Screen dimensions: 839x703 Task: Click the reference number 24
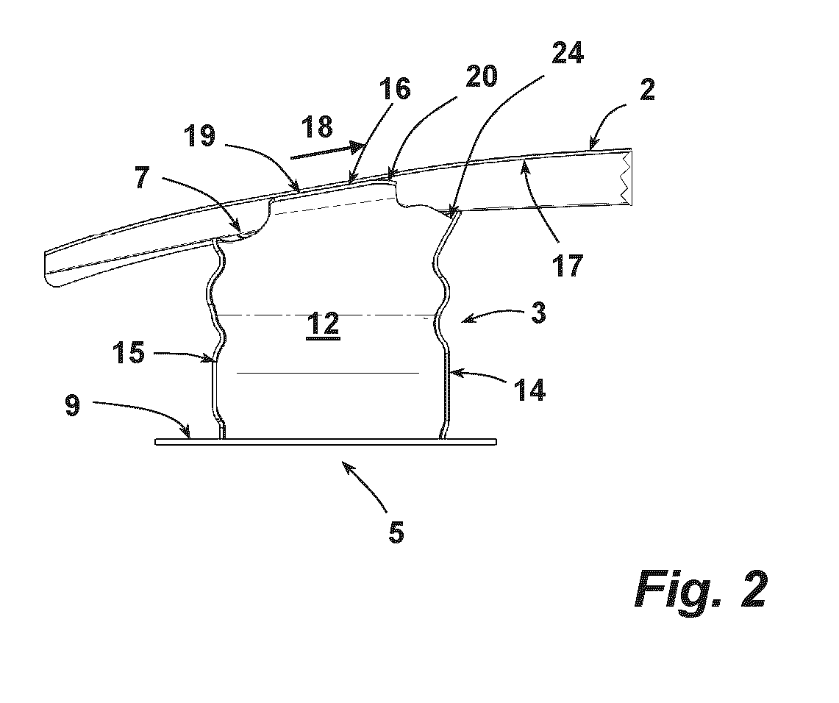[x=567, y=54]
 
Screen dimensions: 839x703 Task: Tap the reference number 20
[x=482, y=76]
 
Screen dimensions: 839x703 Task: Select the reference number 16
[x=395, y=88]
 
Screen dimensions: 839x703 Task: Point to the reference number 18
[x=318, y=127]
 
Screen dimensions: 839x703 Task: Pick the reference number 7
[x=142, y=177]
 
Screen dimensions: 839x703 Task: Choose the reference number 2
[x=647, y=90]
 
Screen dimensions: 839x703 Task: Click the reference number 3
[x=538, y=313]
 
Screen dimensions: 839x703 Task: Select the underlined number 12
[x=324, y=324]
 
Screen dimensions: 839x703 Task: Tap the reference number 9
[x=73, y=405]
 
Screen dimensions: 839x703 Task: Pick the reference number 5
[x=396, y=532]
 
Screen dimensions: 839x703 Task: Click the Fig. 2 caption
[x=701, y=588]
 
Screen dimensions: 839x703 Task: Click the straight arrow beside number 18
[x=327, y=150]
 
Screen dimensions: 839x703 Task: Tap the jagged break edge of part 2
[x=626, y=178]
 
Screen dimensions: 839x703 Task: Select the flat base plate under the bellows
[x=326, y=442]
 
